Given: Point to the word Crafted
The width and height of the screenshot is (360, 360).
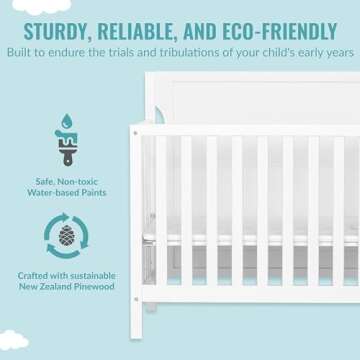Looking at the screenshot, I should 32,275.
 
